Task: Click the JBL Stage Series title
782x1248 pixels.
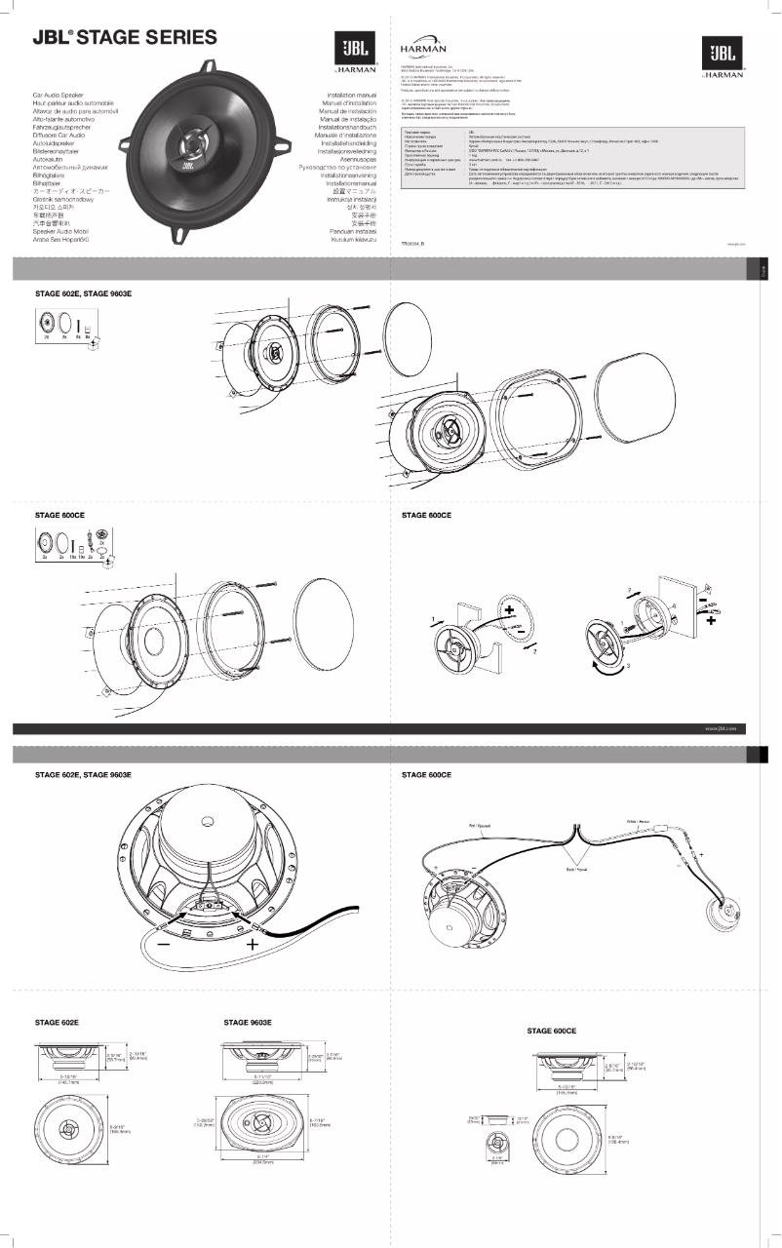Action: (x=125, y=38)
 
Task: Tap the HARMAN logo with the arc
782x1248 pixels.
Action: (x=423, y=48)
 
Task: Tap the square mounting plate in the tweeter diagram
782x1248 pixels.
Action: (x=677, y=608)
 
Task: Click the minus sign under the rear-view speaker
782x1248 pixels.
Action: (x=162, y=944)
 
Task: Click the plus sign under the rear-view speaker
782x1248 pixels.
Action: (x=253, y=944)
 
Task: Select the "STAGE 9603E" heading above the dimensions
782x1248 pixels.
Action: (x=248, y=1022)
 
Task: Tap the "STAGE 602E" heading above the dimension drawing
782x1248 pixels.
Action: (x=57, y=1022)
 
